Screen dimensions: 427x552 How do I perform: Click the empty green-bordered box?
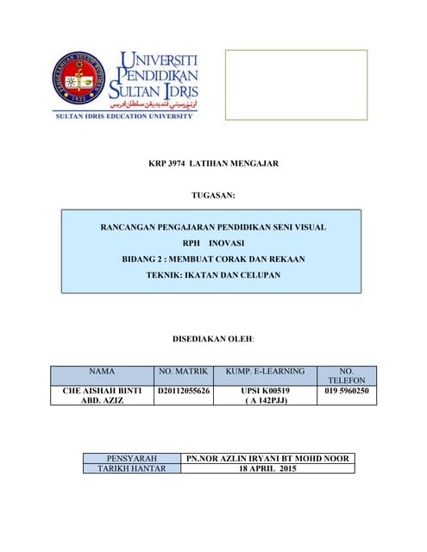296,84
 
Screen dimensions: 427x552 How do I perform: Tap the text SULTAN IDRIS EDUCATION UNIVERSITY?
124,116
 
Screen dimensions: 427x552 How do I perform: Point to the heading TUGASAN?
212,198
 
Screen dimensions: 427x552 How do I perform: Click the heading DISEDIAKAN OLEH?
212,340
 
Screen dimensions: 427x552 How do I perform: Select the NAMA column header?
102,371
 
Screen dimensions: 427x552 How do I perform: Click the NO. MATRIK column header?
184,371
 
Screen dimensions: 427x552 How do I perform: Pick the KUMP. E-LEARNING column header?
265,371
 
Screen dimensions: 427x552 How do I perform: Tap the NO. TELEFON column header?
347,375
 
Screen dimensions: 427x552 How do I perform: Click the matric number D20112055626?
184,392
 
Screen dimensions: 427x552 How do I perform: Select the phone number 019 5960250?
347,392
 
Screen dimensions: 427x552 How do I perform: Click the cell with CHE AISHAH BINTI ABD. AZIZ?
102,396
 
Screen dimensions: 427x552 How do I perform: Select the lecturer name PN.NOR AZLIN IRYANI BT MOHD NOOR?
267,458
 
